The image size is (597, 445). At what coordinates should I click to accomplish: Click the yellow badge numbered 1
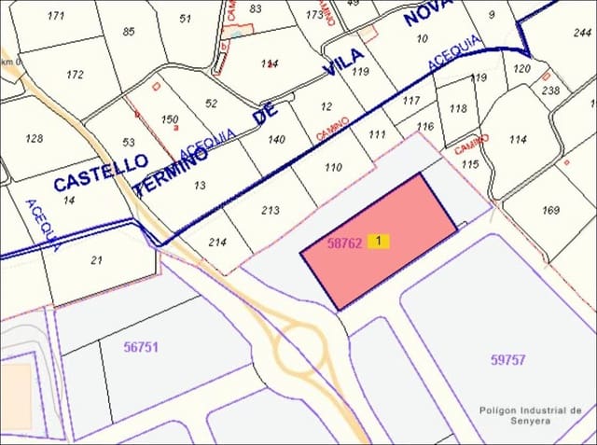[378, 241]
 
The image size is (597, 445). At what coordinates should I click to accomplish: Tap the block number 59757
[507, 359]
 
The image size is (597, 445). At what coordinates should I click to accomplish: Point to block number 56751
[141, 346]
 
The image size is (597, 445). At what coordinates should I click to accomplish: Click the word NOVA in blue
[427, 28]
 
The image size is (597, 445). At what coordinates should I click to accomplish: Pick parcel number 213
[271, 210]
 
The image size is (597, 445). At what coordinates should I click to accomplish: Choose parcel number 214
[217, 242]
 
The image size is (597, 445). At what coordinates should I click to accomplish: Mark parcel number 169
[550, 210]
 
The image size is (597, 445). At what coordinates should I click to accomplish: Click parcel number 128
[35, 138]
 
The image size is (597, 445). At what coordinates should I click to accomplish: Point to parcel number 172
[76, 75]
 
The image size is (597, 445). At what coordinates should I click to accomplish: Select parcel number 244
[583, 33]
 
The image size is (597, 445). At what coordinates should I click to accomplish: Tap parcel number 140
[276, 139]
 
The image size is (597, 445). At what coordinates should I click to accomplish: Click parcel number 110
[333, 168]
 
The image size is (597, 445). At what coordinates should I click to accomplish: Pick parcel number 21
[96, 259]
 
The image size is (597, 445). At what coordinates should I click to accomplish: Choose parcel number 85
[128, 32]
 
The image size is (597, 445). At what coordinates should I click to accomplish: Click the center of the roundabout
[298, 354]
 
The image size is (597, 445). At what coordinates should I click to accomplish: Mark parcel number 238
[550, 90]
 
